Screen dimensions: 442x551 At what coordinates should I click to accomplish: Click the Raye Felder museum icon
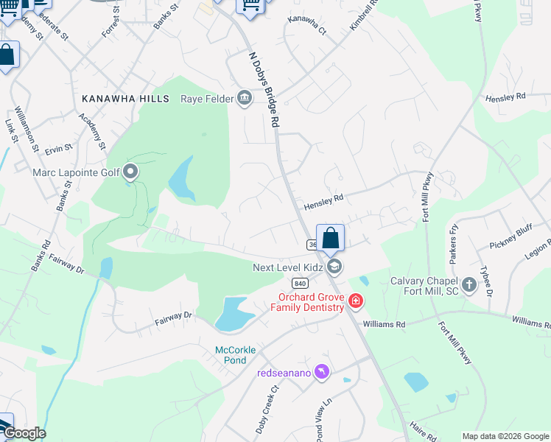pos(244,98)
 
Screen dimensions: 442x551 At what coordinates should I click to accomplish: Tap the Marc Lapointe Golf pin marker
pos(131,173)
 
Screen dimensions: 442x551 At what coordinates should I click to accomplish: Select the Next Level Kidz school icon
pos(334,267)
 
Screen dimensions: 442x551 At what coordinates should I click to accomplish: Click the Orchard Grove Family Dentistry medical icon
pos(355,301)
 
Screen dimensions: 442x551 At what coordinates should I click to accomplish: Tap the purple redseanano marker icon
pos(320,372)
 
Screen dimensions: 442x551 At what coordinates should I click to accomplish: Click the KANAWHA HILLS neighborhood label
pos(120,98)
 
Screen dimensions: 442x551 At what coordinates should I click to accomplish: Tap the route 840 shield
pos(299,283)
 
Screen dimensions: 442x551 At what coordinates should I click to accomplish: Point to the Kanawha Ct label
pos(306,25)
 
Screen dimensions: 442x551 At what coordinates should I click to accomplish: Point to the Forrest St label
pos(110,32)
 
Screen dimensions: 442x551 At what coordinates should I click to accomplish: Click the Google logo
pos(24,432)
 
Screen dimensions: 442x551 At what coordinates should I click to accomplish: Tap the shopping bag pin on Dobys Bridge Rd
pos(331,238)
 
